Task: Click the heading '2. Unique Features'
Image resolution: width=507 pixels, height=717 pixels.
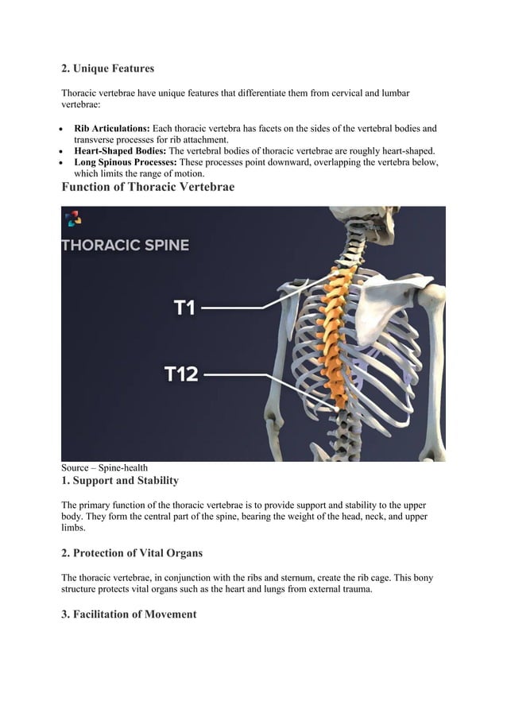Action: [108, 69]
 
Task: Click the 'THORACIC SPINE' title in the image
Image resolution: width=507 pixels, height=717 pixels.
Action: [126, 246]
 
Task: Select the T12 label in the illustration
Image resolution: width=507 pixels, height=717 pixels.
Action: [181, 373]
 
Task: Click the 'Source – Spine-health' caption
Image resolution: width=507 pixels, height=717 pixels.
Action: [104, 468]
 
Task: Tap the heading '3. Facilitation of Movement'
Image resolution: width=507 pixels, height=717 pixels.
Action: [129, 614]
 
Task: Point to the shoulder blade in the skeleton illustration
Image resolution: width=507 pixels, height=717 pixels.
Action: [381, 306]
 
